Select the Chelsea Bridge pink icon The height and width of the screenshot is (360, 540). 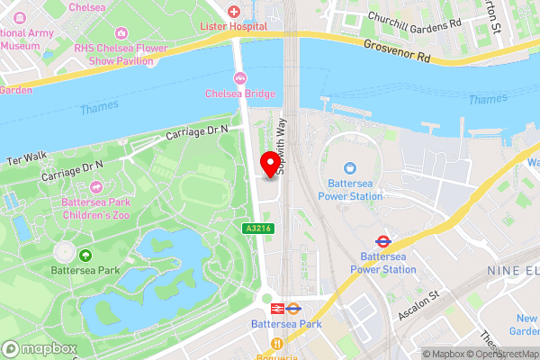coord(240,77)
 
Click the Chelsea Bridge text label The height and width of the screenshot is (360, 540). coord(239,93)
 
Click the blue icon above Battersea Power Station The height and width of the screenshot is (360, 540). coord(350,167)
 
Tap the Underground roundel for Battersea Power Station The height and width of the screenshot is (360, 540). coord(382,240)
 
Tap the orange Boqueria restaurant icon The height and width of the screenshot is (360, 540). coord(279,344)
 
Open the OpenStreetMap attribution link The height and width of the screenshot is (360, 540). coord(500,353)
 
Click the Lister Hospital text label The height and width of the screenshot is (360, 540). coord(234,29)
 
